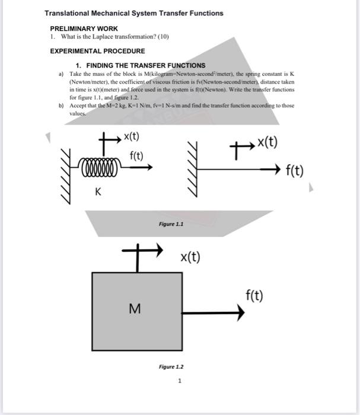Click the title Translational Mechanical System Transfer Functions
point(134,13)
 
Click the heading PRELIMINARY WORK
point(84,28)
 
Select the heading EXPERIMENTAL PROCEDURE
point(97,51)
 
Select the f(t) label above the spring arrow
point(136,156)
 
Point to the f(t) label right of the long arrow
point(294,171)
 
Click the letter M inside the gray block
point(135,308)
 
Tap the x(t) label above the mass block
point(190,257)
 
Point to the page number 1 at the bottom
point(180,381)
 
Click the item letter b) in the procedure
point(61,105)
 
